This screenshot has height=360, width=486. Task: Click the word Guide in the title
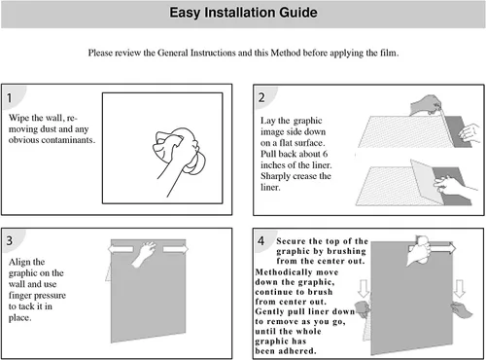pos(298,13)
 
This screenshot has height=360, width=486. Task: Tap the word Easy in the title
pos(185,14)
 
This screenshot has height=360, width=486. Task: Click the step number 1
pos(10,97)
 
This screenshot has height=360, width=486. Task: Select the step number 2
pos(261,97)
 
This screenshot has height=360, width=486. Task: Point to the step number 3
pos(10,240)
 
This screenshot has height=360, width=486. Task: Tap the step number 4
pos(260,241)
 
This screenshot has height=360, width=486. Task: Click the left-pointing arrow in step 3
pos(121,249)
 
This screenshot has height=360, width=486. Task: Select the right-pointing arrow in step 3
pos(175,249)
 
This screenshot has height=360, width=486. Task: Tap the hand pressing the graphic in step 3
pos(144,253)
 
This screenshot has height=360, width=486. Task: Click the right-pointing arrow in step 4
pos(442,249)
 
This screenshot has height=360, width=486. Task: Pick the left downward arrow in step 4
pos(364,288)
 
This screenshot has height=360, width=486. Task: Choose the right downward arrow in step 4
pos(459,288)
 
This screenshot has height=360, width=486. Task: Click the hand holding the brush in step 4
pos(419,250)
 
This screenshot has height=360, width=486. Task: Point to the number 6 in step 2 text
pos(325,154)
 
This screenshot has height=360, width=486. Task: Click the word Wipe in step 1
pos(18,118)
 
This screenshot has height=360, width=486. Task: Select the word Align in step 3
pos(19,262)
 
